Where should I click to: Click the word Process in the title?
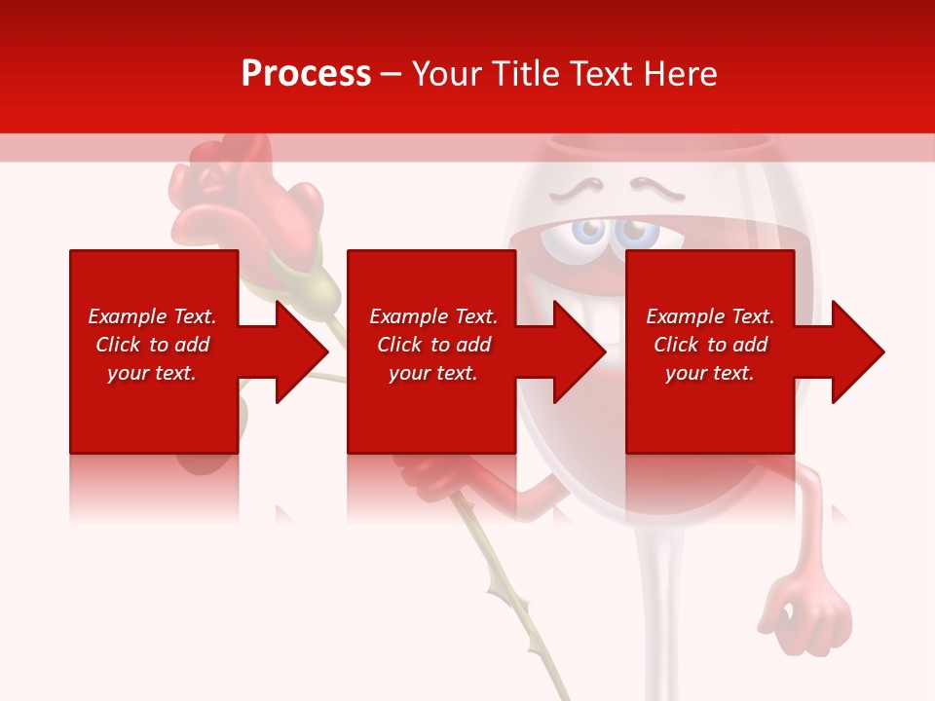point(306,74)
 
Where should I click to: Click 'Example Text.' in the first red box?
point(152,316)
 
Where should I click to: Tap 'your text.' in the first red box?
point(152,373)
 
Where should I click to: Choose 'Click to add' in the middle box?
point(433,345)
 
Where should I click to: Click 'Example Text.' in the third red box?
point(710,316)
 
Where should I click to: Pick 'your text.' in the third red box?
point(710,373)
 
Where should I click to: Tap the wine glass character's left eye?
point(588,231)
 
